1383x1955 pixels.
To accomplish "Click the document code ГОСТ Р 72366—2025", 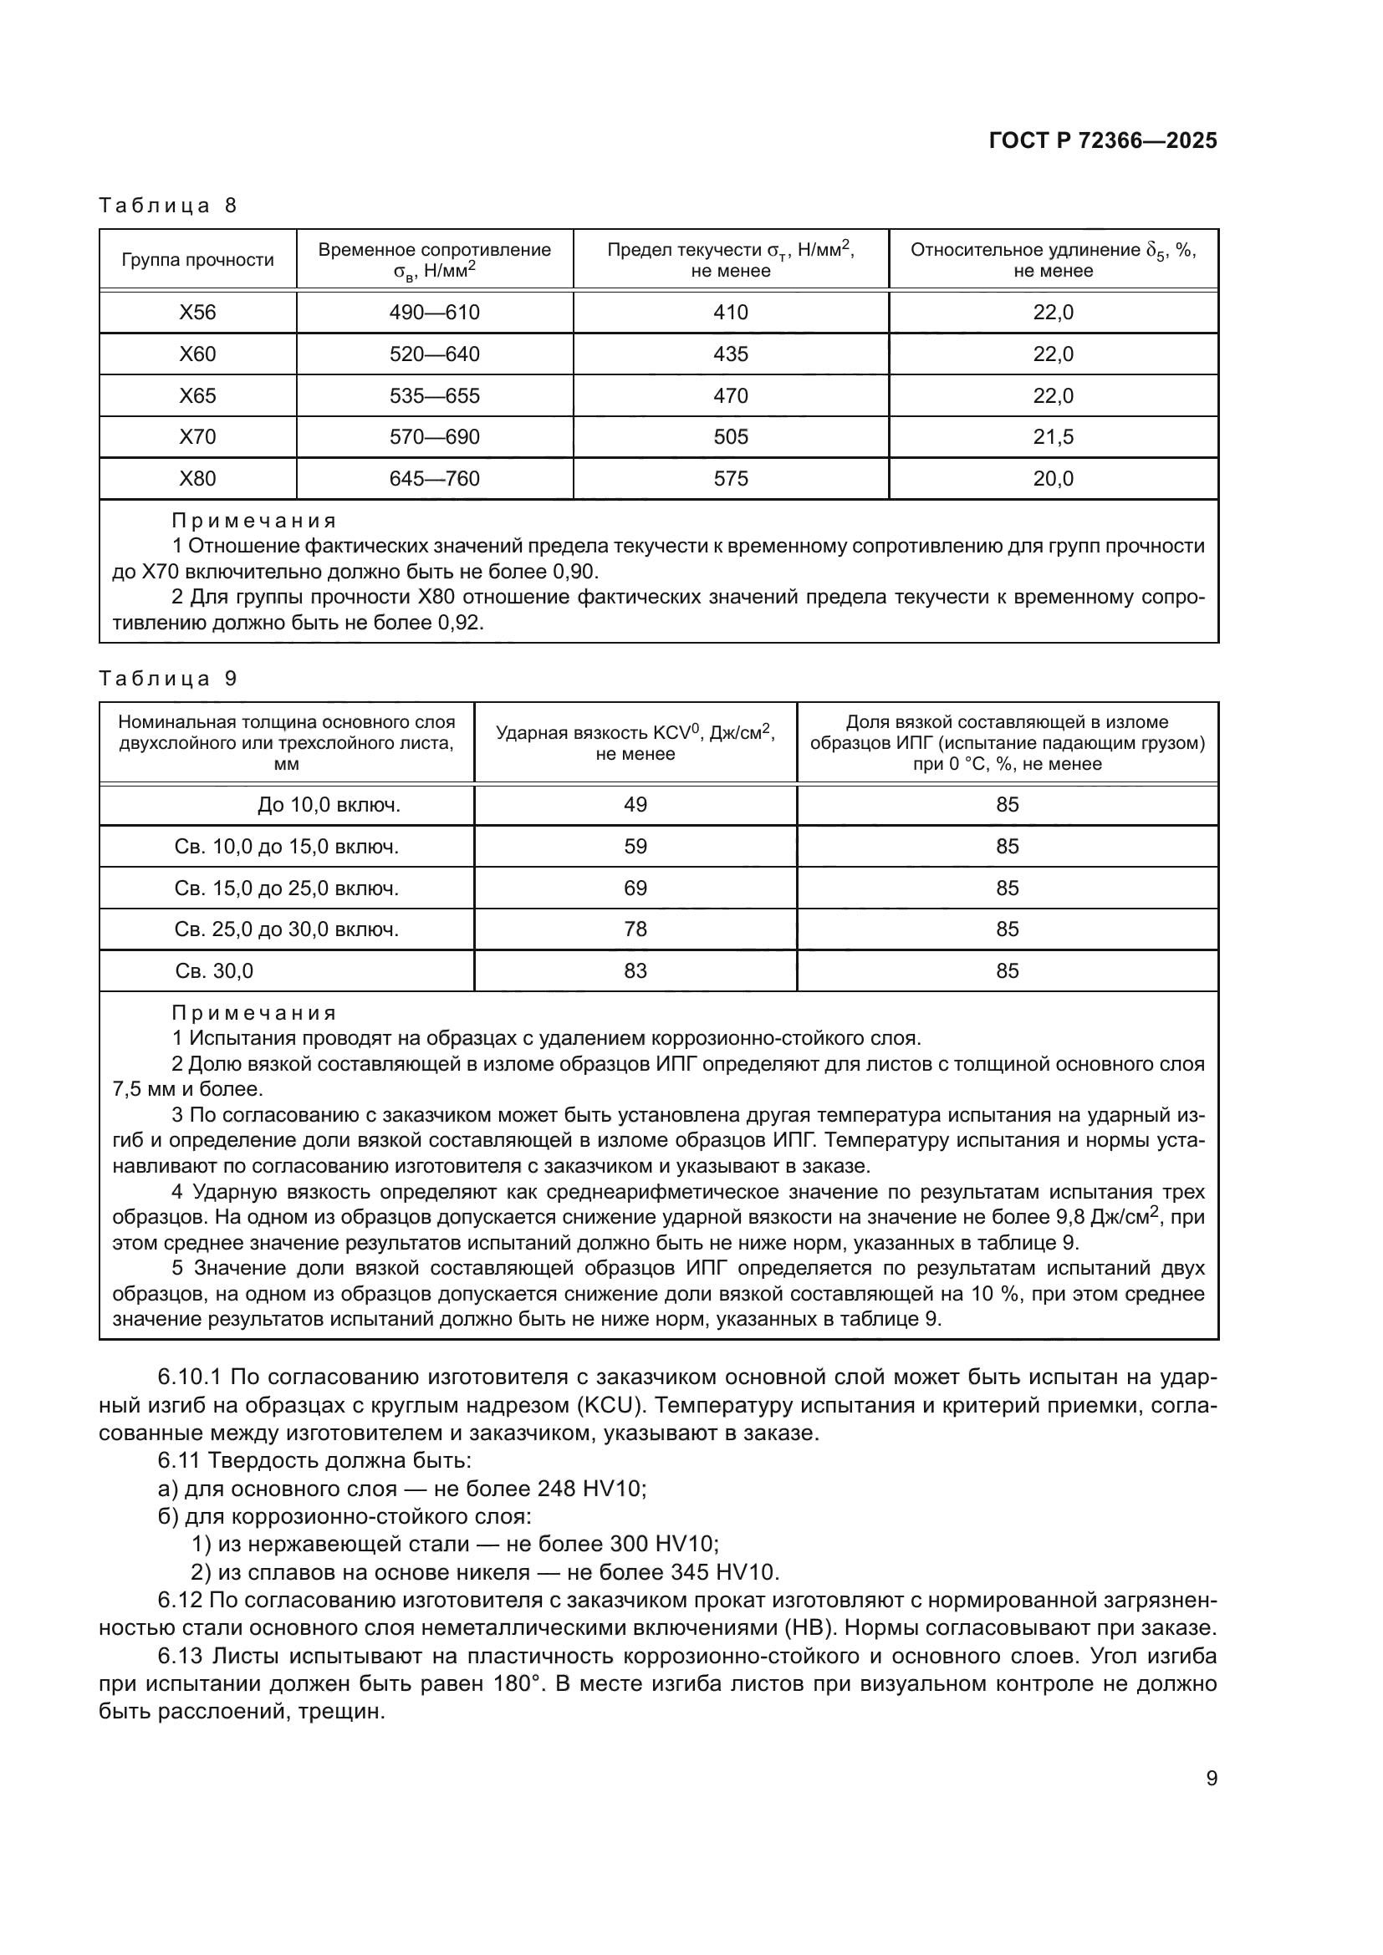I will pos(1103,141).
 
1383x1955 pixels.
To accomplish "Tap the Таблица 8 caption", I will pos(168,206).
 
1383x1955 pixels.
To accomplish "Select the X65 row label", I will pos(197,396).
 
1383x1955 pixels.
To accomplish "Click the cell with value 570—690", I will pos(434,437).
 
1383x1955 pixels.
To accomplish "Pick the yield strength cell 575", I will pos(731,479).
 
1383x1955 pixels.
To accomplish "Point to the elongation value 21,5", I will pos(1054,437).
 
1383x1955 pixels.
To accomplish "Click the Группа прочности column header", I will pos(197,260).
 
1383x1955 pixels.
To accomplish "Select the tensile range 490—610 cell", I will pos(434,313).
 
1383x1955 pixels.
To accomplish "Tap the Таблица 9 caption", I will pos(168,679).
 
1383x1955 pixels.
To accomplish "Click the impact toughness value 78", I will pos(635,929).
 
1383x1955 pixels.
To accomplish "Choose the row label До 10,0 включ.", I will pos(329,805).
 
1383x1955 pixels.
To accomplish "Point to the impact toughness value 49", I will pos(635,805).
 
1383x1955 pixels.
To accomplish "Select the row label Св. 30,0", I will pos(214,970).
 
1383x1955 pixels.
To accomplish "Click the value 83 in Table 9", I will pos(635,970).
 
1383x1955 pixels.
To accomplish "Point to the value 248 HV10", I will pos(592,1489).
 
